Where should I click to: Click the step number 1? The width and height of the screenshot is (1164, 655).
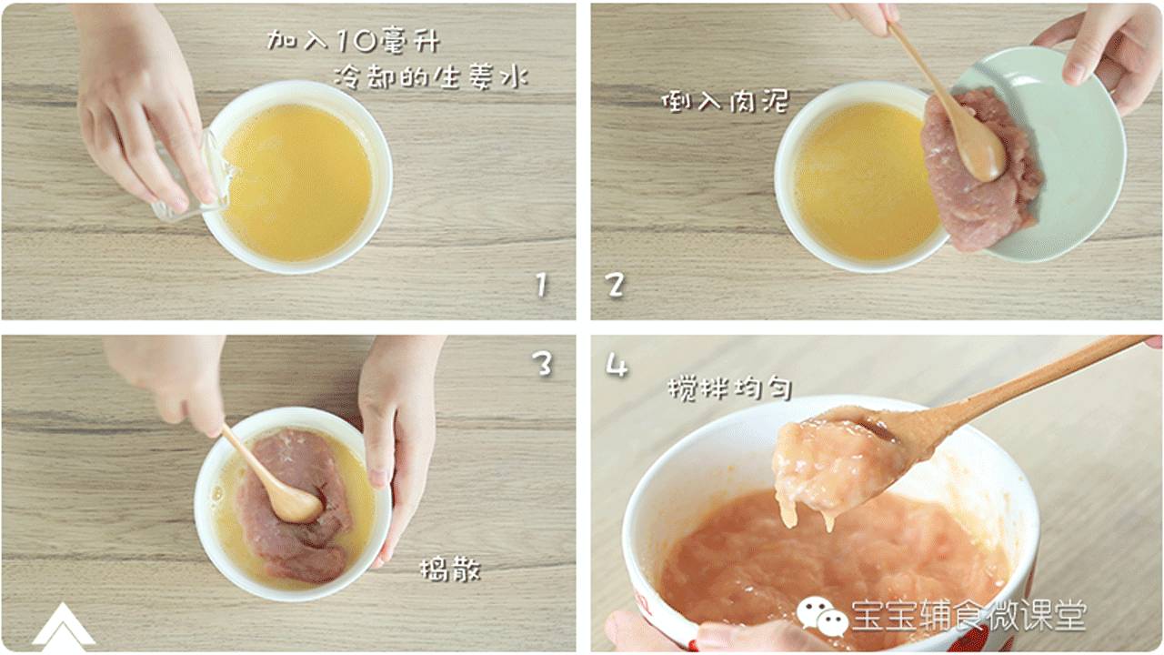[x=541, y=286]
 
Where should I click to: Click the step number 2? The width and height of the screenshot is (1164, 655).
[x=616, y=286]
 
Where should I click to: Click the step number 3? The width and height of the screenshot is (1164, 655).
[x=542, y=364]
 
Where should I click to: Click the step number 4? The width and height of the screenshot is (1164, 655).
[x=617, y=366]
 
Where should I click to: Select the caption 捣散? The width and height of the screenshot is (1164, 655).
[x=449, y=570]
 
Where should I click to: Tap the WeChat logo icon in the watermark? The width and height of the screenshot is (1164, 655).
[x=822, y=616]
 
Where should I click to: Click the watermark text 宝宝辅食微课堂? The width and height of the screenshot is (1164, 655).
[x=968, y=616]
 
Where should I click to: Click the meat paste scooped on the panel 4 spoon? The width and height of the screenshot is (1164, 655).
[x=828, y=464]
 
